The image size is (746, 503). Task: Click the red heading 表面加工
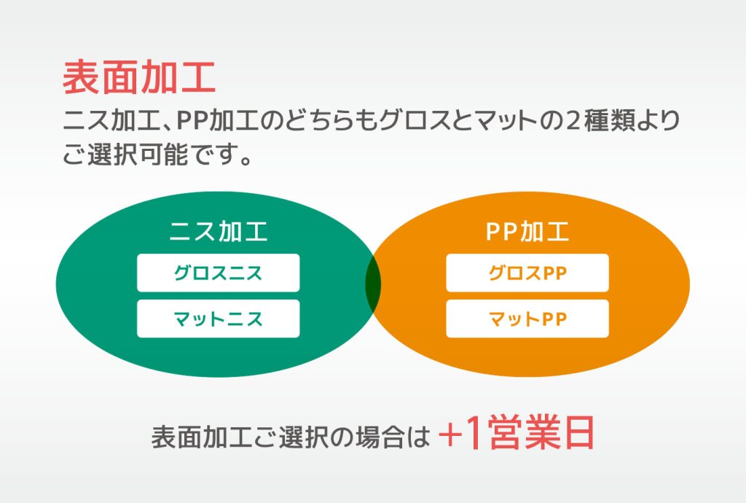(x=139, y=77)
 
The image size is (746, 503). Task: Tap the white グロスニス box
(x=219, y=273)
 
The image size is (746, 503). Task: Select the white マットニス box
(x=219, y=319)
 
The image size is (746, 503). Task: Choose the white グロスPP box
(x=527, y=273)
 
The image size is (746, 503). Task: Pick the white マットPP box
(x=527, y=319)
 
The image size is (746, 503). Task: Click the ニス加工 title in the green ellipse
(x=219, y=231)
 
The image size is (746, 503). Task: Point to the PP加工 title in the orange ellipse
(x=527, y=231)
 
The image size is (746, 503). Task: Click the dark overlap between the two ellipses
(x=373, y=284)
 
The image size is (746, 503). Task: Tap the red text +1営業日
(x=517, y=432)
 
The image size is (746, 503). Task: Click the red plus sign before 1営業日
(x=450, y=434)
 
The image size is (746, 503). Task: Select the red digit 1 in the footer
(x=474, y=432)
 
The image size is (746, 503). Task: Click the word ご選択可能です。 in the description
(x=157, y=155)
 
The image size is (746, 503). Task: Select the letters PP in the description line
(x=192, y=121)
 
